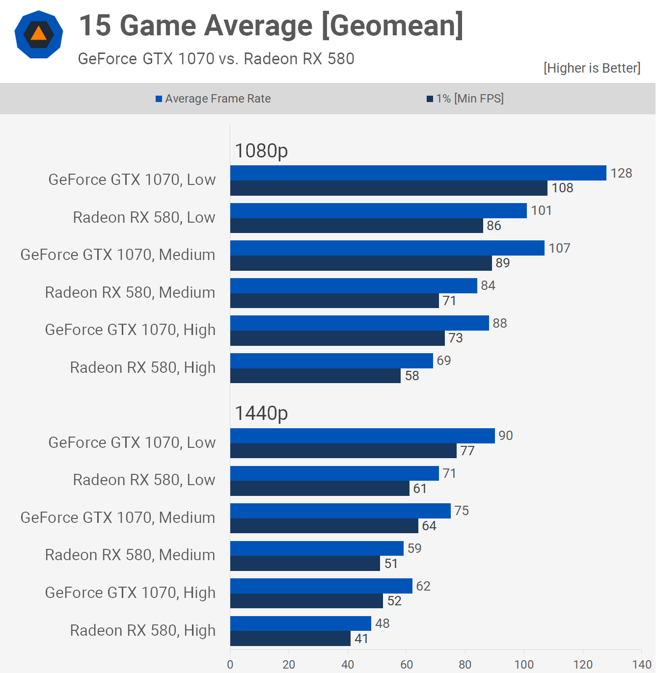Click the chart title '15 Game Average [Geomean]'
click(271, 26)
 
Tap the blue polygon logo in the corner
click(39, 34)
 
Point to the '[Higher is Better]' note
click(592, 68)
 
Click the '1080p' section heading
click(261, 151)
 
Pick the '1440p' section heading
click(261, 413)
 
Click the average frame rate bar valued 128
click(418, 173)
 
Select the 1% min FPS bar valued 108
click(388, 188)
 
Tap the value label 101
click(542, 210)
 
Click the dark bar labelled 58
click(315, 376)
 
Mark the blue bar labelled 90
click(362, 436)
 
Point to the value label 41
click(361, 639)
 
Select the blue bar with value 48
click(301, 623)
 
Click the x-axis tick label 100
click(524, 665)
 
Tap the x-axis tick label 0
click(230, 665)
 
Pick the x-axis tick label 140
click(642, 665)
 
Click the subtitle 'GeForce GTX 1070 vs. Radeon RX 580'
click(216, 59)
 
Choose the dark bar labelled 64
click(324, 526)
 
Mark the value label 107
click(559, 248)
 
